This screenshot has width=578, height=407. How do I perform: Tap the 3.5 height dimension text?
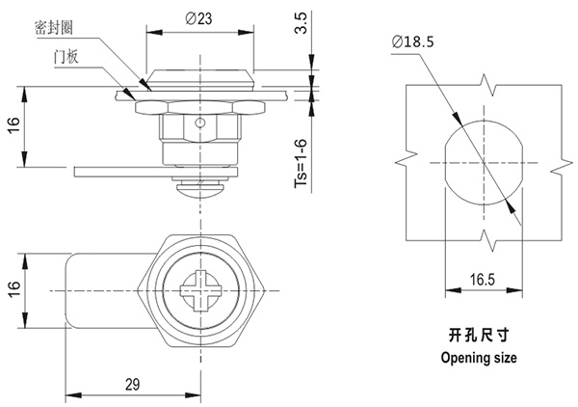coord(302,23)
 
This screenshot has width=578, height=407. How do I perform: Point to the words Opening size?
coord(478,358)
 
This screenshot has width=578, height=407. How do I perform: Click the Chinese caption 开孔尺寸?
coord(478,335)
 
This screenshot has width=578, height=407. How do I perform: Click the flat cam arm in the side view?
coord(125,171)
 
